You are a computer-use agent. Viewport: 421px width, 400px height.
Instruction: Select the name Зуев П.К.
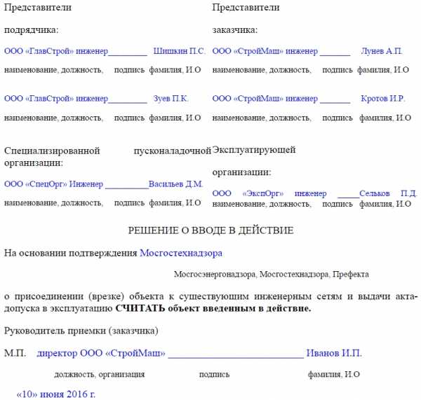tap(171, 99)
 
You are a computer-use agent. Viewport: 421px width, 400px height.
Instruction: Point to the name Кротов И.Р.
tap(383, 99)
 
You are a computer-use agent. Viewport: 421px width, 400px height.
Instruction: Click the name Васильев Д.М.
tap(175, 184)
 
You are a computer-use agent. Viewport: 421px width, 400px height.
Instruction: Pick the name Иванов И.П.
tap(335, 353)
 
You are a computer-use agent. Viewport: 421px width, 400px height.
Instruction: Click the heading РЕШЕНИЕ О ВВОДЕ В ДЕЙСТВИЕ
tap(210, 230)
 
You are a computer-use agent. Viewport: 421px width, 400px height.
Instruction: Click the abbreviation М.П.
tap(15, 353)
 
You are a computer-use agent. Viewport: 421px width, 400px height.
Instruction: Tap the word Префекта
tap(351, 274)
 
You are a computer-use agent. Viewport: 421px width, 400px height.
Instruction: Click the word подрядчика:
tap(32, 30)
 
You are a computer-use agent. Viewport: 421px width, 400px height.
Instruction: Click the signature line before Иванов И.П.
tap(235, 356)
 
